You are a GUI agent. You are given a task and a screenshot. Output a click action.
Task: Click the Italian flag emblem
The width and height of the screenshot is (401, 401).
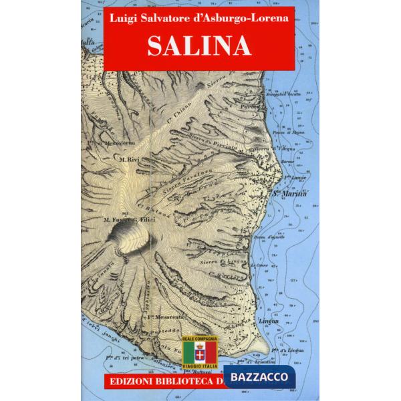200,357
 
